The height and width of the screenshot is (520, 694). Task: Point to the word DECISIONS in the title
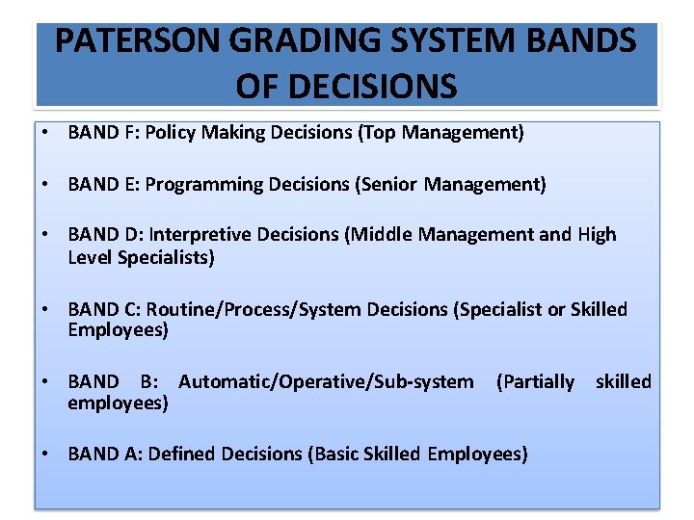tap(346, 86)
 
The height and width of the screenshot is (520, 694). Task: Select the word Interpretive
tap(200, 234)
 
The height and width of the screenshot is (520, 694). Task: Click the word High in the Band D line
tap(597, 234)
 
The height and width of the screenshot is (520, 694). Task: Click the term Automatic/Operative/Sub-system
tap(326, 382)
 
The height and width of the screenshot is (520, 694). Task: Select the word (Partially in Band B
tap(535, 382)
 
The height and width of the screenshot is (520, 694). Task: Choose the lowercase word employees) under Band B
tap(118, 403)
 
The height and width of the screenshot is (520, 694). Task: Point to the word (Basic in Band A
tap(334, 454)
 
